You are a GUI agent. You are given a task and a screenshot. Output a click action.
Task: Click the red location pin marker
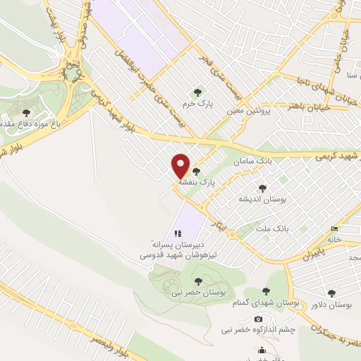tap(181, 166)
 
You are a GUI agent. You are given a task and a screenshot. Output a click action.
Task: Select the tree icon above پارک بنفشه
tap(196, 171)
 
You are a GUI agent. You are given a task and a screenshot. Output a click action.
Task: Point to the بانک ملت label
tap(274, 229)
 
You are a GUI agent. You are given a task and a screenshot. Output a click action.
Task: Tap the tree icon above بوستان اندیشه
tap(263, 188)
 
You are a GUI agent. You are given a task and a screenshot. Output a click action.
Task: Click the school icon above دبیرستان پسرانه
tap(178, 233)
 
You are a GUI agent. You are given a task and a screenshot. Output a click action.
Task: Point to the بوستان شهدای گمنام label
tap(269, 302)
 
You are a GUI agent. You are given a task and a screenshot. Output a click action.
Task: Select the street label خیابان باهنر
tap(288, 106)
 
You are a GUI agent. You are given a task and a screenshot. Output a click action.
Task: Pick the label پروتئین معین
tap(247, 111)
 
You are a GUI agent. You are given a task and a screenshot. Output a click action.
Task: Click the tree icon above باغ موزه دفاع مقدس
tap(26, 113)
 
